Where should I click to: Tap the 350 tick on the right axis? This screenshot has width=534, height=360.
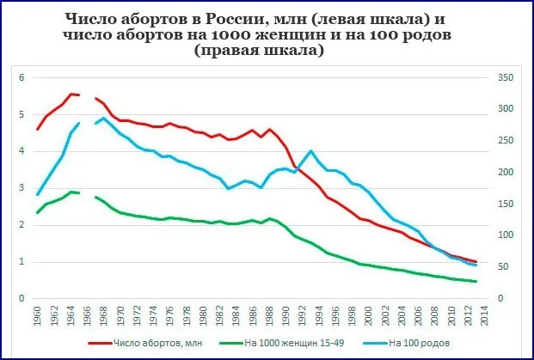(x=506, y=78)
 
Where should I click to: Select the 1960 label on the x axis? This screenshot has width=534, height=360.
(x=38, y=316)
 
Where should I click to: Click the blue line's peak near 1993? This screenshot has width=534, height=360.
(x=311, y=151)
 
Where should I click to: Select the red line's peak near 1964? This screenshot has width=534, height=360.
(x=71, y=94)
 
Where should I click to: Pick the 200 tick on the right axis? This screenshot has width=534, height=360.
(x=506, y=173)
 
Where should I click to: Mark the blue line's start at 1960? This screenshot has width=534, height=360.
(x=38, y=194)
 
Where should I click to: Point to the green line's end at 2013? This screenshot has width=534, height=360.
(x=476, y=282)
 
